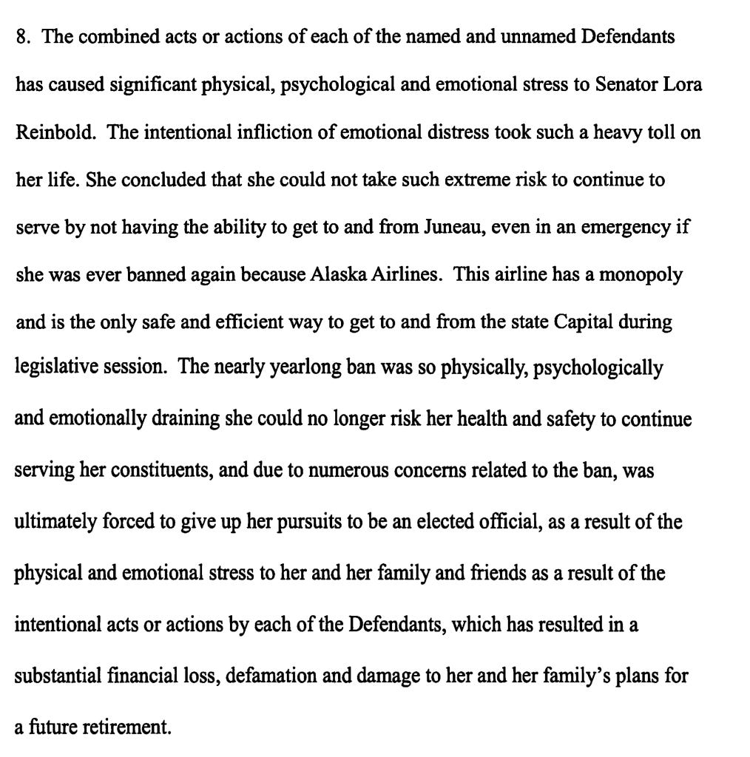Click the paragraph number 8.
click(x=21, y=37)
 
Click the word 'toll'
click(x=659, y=133)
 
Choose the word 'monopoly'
click(x=641, y=276)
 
